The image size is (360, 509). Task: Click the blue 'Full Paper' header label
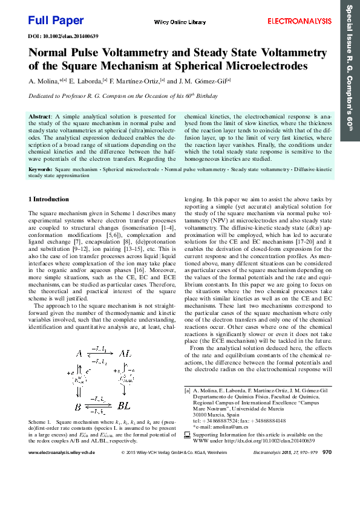tap(56, 21)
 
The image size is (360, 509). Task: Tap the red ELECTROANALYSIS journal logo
tap(300, 21)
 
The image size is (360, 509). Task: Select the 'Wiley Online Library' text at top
tap(180, 22)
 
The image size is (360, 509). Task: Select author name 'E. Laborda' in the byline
tap(85, 81)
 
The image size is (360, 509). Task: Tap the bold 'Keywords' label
tap(40, 170)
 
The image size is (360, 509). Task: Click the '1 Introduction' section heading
tap(49, 199)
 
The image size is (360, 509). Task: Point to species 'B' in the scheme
tap(77, 405)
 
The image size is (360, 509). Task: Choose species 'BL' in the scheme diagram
tap(123, 405)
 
